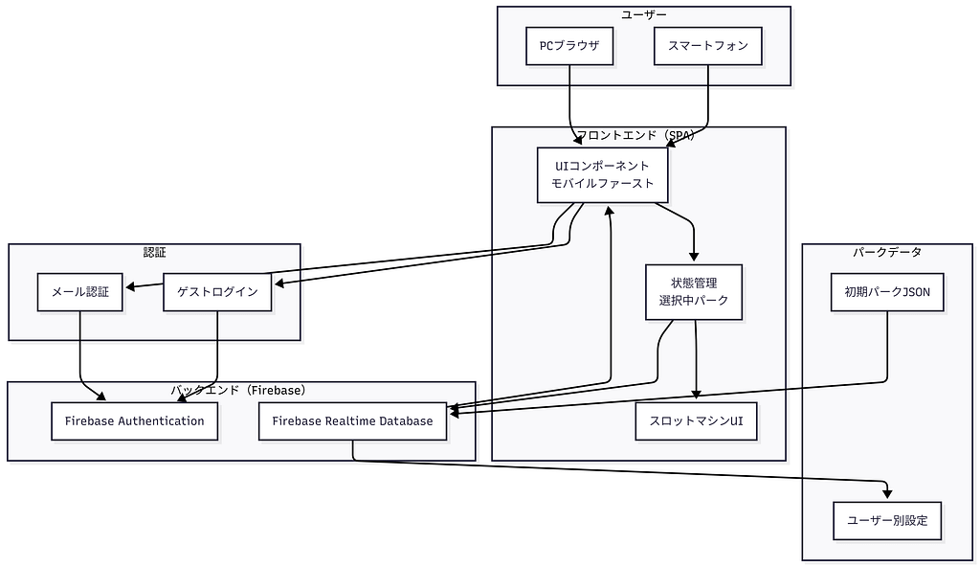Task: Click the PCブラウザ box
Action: (569, 46)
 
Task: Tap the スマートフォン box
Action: (708, 46)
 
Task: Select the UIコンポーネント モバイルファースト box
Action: (602, 174)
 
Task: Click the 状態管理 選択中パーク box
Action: (694, 291)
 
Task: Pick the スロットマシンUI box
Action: (696, 421)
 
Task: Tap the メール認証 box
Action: (80, 292)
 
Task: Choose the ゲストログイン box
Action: (217, 292)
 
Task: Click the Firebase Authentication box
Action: (135, 421)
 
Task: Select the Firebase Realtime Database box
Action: (352, 421)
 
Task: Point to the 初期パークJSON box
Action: (886, 292)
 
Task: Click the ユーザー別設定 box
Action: (887, 521)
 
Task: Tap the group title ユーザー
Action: (643, 14)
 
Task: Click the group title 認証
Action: (154, 252)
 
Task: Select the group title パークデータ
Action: (886, 252)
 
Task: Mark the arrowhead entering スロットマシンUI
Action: (697, 396)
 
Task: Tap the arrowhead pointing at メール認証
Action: (129, 286)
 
